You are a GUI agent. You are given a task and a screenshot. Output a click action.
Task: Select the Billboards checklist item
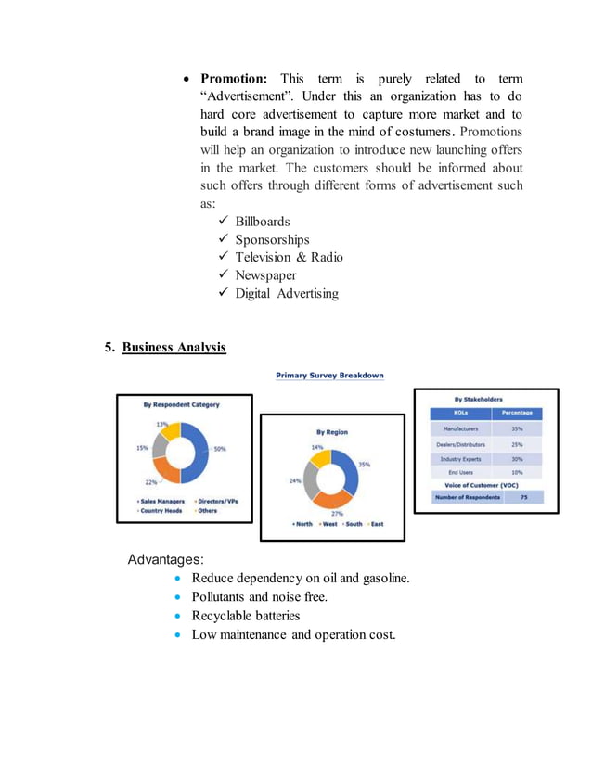point(262,222)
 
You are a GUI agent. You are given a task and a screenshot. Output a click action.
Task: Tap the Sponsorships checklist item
point(271,240)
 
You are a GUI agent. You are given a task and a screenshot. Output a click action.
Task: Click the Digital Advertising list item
point(286,293)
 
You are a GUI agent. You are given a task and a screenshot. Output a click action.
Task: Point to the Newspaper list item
point(265,275)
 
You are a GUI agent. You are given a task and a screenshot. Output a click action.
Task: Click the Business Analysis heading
point(174,347)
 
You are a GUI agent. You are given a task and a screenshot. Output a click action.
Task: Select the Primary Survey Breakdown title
point(329,376)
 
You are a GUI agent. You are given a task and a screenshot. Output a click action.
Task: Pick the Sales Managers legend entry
point(161,501)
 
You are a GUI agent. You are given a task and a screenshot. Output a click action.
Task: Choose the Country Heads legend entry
point(160,510)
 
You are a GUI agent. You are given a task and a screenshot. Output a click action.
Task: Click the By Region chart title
point(332,432)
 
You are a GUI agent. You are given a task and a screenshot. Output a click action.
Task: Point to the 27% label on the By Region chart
point(337,512)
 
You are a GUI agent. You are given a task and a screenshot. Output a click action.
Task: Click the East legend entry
point(375,524)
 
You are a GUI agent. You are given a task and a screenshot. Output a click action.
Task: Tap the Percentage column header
point(517,414)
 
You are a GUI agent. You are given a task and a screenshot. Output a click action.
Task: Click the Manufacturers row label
point(461,429)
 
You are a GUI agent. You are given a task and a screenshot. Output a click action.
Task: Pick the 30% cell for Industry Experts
point(517,459)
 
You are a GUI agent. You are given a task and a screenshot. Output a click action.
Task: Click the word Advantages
point(165,559)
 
